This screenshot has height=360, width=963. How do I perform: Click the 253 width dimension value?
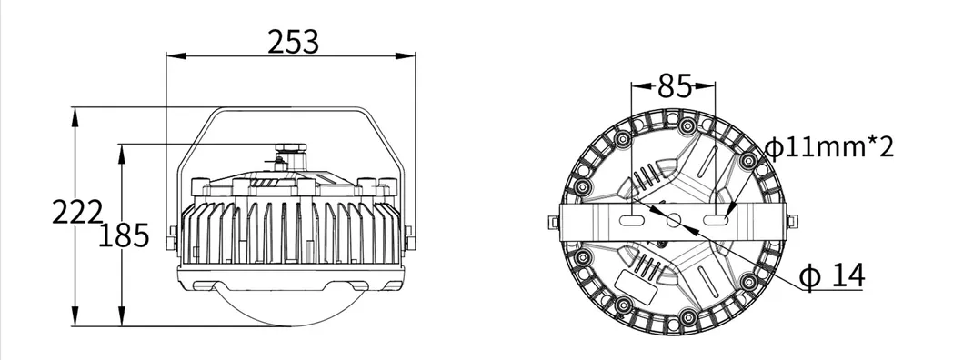[294, 43]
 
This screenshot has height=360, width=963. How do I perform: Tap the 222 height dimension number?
[76, 213]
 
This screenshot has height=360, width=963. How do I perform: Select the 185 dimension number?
[124, 235]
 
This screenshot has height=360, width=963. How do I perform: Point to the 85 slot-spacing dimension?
[675, 86]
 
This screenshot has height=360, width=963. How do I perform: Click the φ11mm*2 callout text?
[829, 147]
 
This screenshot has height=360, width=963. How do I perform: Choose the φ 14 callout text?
[831, 275]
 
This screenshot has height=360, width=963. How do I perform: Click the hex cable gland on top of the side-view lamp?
[290, 148]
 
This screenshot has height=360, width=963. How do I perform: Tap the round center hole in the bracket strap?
[674, 220]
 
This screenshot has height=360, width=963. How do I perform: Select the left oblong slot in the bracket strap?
[631, 220]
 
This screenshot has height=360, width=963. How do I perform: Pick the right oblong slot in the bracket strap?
[716, 220]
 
